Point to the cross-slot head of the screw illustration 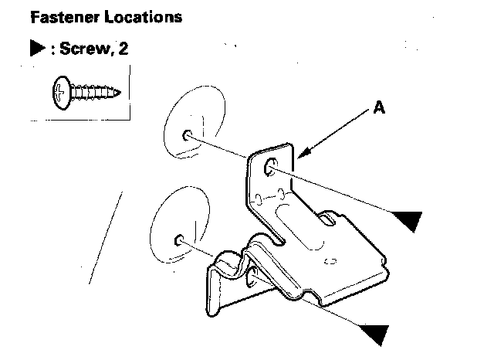coord(61,93)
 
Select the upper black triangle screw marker coord(407,221)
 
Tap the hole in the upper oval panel coord(188,135)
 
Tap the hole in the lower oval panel coord(179,239)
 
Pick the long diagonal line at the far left coord(106,237)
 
